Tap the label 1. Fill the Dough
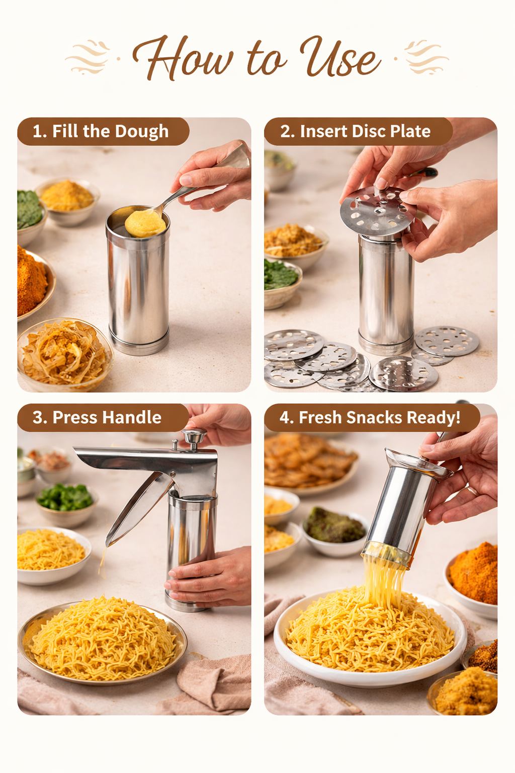click(x=101, y=131)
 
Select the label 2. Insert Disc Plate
click(x=355, y=131)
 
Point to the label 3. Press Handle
click(x=97, y=417)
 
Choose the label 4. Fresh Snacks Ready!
click(x=370, y=417)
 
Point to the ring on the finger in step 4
click(x=473, y=491)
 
